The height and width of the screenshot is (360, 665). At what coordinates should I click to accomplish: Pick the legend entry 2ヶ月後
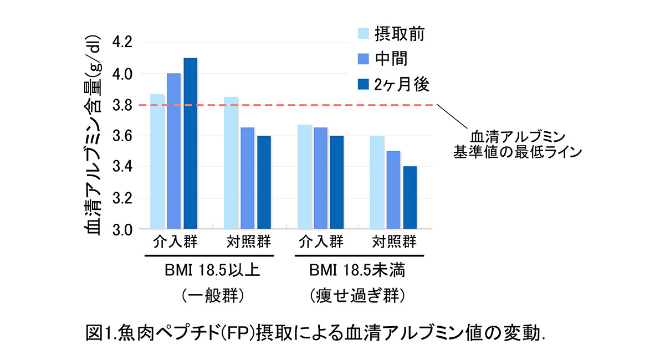click(x=402, y=84)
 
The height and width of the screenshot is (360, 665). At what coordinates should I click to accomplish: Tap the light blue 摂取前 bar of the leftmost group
click(x=157, y=161)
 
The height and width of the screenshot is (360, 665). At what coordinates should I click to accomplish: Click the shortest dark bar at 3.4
click(x=410, y=197)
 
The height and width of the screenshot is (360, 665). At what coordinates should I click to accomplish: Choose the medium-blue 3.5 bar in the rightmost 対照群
click(x=393, y=189)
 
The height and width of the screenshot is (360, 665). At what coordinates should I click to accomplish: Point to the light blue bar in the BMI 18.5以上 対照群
click(x=231, y=163)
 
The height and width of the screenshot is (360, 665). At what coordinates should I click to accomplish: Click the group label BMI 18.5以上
click(x=212, y=271)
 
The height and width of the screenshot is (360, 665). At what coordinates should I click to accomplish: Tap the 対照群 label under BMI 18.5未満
click(x=393, y=243)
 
